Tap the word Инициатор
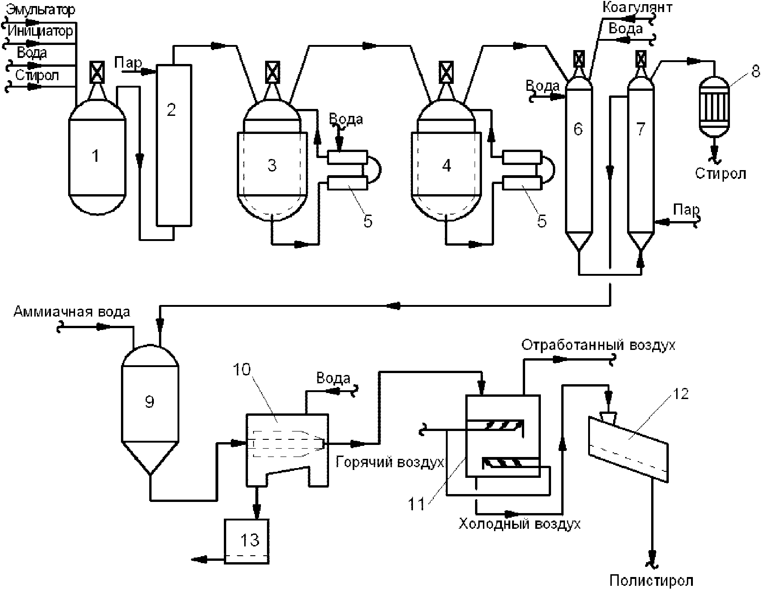tap(40, 31)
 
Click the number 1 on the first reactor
tap(95, 156)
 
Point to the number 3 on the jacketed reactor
tap(272, 165)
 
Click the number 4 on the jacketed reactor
tap(446, 165)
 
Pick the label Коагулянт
tap(637, 8)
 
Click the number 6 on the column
tap(578, 129)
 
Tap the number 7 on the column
tap(641, 129)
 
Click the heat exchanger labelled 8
tap(715, 107)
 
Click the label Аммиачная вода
tap(72, 311)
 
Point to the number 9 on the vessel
tap(150, 402)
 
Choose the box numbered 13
tap(247, 541)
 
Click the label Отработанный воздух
tap(598, 345)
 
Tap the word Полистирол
tap(651, 581)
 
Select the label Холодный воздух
tap(520, 524)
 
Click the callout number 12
tap(680, 394)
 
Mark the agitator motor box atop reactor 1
tap(97, 73)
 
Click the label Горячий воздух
tap(390, 462)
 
